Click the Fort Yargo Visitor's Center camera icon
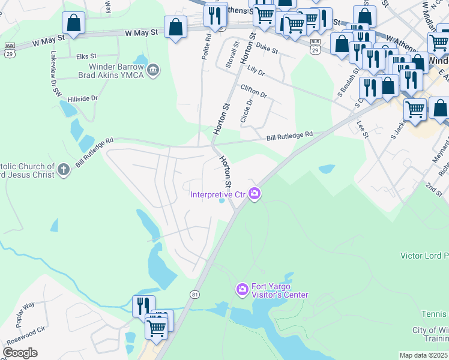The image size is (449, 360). tap(242, 290)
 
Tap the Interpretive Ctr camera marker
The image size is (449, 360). tap(255, 193)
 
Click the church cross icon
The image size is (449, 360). tap(64, 170)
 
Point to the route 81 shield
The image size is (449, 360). tap(194, 294)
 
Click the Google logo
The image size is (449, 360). tap(20, 353)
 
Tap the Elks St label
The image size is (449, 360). tap(87, 57)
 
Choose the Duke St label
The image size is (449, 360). tap(267, 48)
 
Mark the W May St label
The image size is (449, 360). tap(142, 35)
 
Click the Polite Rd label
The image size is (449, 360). tap(208, 45)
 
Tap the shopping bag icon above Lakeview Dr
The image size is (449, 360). tap(73, 23)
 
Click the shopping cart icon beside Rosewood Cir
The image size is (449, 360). tap(157, 328)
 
